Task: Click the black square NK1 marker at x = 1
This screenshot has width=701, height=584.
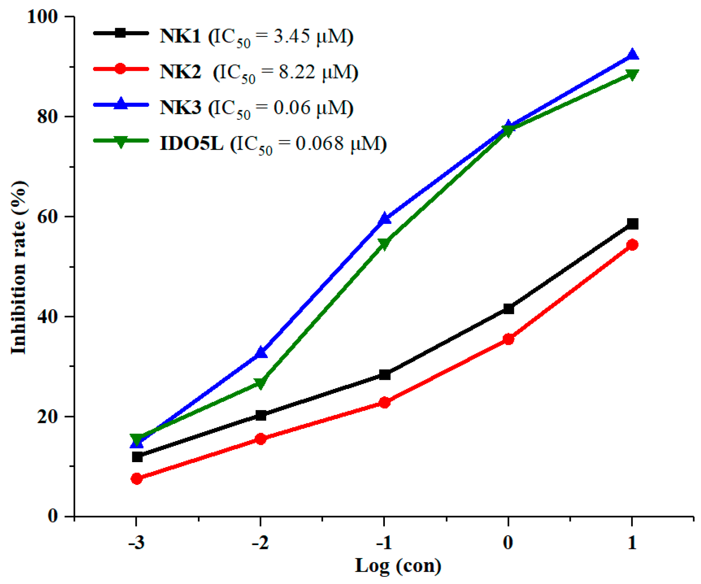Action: point(632,224)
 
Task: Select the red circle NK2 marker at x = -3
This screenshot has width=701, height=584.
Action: point(137,479)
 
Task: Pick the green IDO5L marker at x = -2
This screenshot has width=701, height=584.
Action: point(260,383)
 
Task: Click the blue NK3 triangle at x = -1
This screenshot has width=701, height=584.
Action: point(385,219)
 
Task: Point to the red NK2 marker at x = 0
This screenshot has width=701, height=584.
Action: point(508,339)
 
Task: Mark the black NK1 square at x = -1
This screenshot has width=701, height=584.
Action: point(385,375)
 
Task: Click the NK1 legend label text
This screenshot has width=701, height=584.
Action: point(180,36)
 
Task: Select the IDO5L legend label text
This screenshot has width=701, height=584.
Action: point(191,143)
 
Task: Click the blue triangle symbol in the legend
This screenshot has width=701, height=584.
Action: point(120,104)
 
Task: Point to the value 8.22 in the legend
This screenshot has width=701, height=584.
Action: point(297,72)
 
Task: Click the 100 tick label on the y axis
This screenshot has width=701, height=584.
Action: point(42,16)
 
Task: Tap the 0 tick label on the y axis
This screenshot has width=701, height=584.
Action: point(52,516)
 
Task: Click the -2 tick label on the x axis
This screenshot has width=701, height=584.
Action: point(260,543)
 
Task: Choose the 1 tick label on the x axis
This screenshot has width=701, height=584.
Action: point(632,543)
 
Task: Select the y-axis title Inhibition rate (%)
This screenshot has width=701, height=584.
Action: point(18,267)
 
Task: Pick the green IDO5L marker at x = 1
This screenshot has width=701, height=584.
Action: point(632,74)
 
